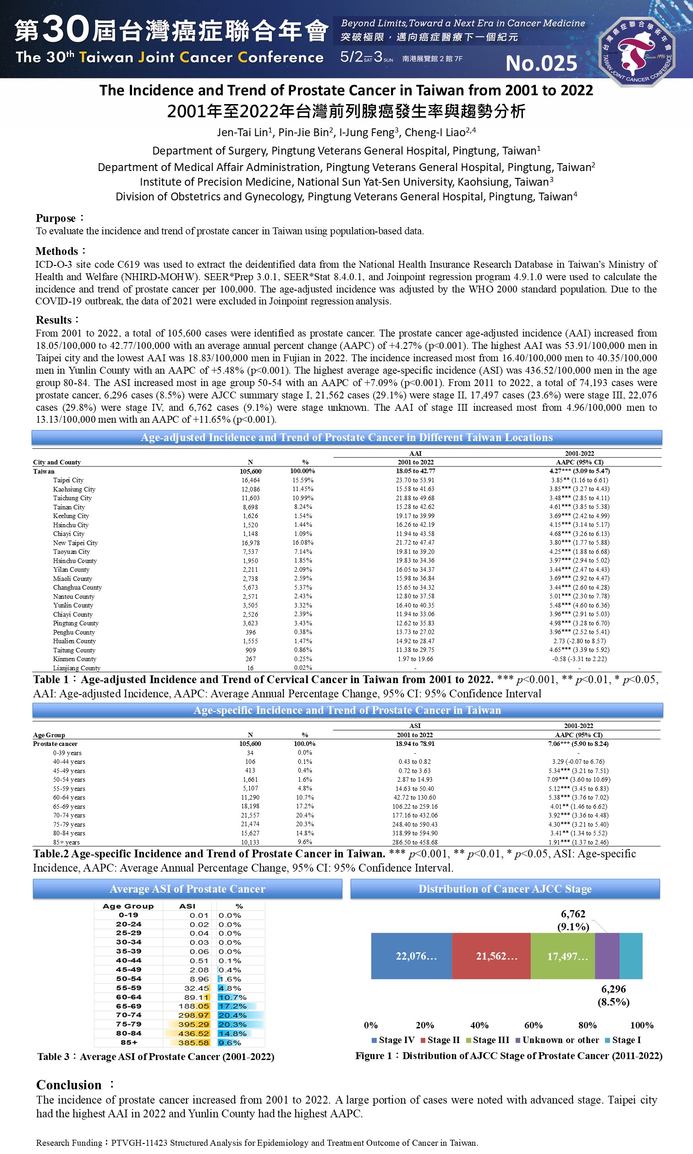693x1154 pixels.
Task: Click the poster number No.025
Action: pyautogui.click(x=541, y=64)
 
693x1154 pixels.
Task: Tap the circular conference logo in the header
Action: pyautogui.click(x=637, y=51)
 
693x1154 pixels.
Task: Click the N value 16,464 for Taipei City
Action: pyautogui.click(x=250, y=480)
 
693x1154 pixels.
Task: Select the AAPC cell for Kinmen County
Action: pyautogui.click(x=579, y=659)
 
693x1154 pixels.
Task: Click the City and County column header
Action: pyautogui.click(x=57, y=462)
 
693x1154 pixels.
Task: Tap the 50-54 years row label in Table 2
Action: pyautogui.click(x=69, y=779)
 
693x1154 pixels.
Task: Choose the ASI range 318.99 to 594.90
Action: pyautogui.click(x=415, y=833)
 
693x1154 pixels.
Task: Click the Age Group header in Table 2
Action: pyautogui.click(x=49, y=735)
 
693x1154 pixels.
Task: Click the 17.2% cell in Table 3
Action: pyautogui.click(x=232, y=1006)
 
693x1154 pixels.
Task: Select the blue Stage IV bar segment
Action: pyautogui.click(x=411, y=956)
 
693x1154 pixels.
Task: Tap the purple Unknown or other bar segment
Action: pyautogui.click(x=607, y=956)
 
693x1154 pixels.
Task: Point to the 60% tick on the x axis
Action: pyautogui.click(x=533, y=1025)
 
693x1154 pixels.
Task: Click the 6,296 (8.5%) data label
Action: pyautogui.click(x=613, y=996)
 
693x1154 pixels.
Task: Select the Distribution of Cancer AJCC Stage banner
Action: pyautogui.click(x=505, y=889)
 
